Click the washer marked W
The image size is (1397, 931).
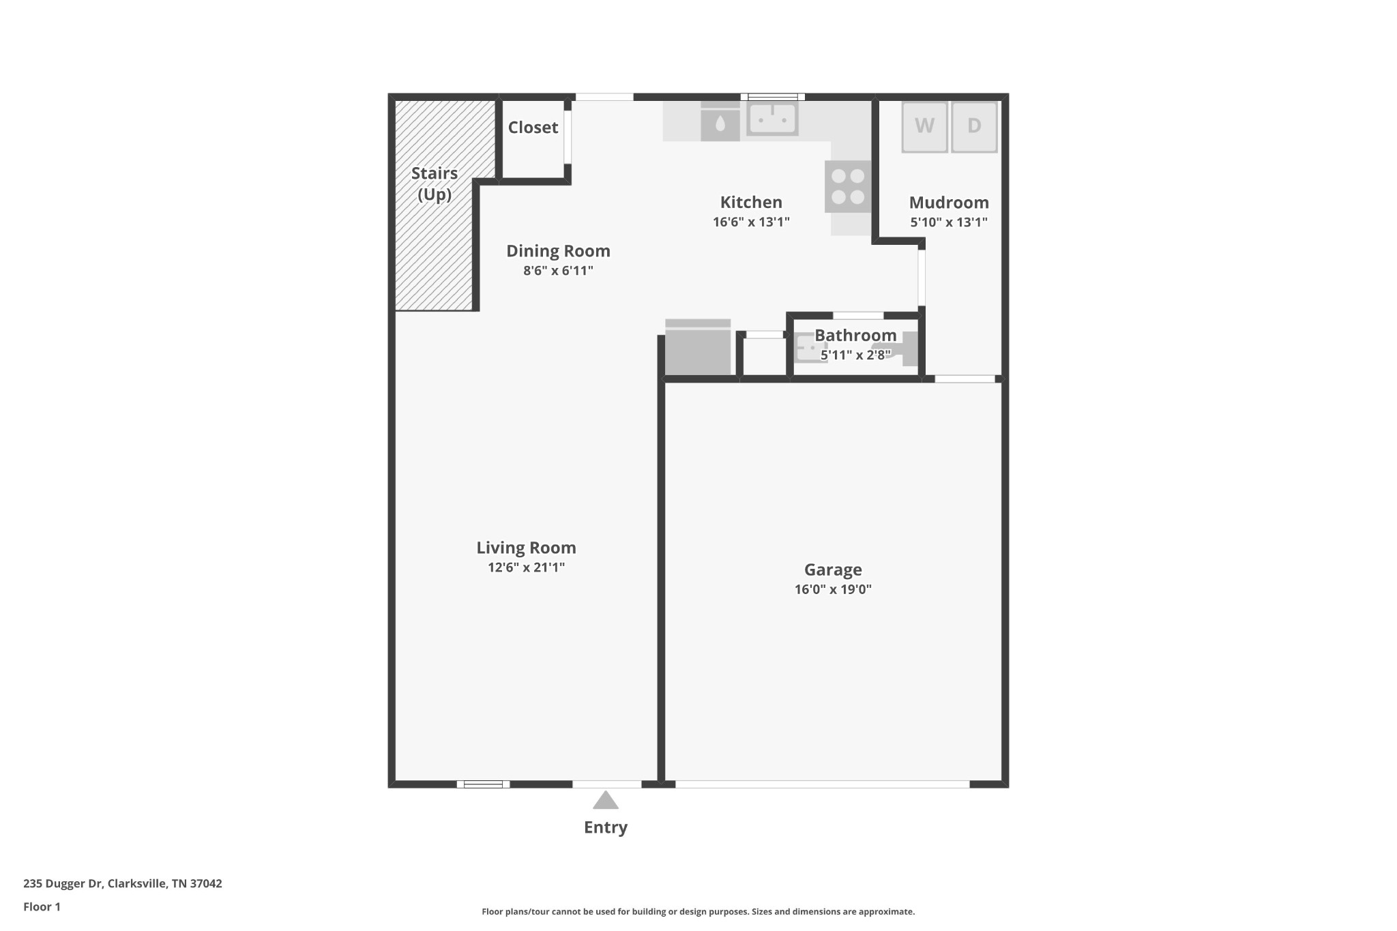click(924, 127)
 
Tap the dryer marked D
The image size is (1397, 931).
click(974, 127)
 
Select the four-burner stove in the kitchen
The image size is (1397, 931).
click(848, 186)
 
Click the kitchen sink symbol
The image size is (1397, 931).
click(772, 119)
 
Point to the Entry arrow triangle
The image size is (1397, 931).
click(606, 800)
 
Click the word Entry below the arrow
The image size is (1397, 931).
click(606, 827)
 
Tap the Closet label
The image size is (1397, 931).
click(533, 128)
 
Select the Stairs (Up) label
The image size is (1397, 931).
click(435, 184)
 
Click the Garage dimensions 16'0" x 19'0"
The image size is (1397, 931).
click(833, 589)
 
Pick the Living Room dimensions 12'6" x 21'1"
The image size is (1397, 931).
click(526, 567)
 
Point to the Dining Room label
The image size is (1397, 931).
click(558, 251)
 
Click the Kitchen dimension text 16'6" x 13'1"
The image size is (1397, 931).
click(751, 222)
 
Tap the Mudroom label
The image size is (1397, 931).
click(949, 203)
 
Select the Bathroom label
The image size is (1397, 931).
click(855, 335)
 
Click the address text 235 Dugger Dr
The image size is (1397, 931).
click(63, 883)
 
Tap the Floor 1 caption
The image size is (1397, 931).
click(42, 906)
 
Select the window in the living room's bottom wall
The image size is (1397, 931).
click(483, 784)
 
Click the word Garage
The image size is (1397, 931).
click(833, 570)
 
